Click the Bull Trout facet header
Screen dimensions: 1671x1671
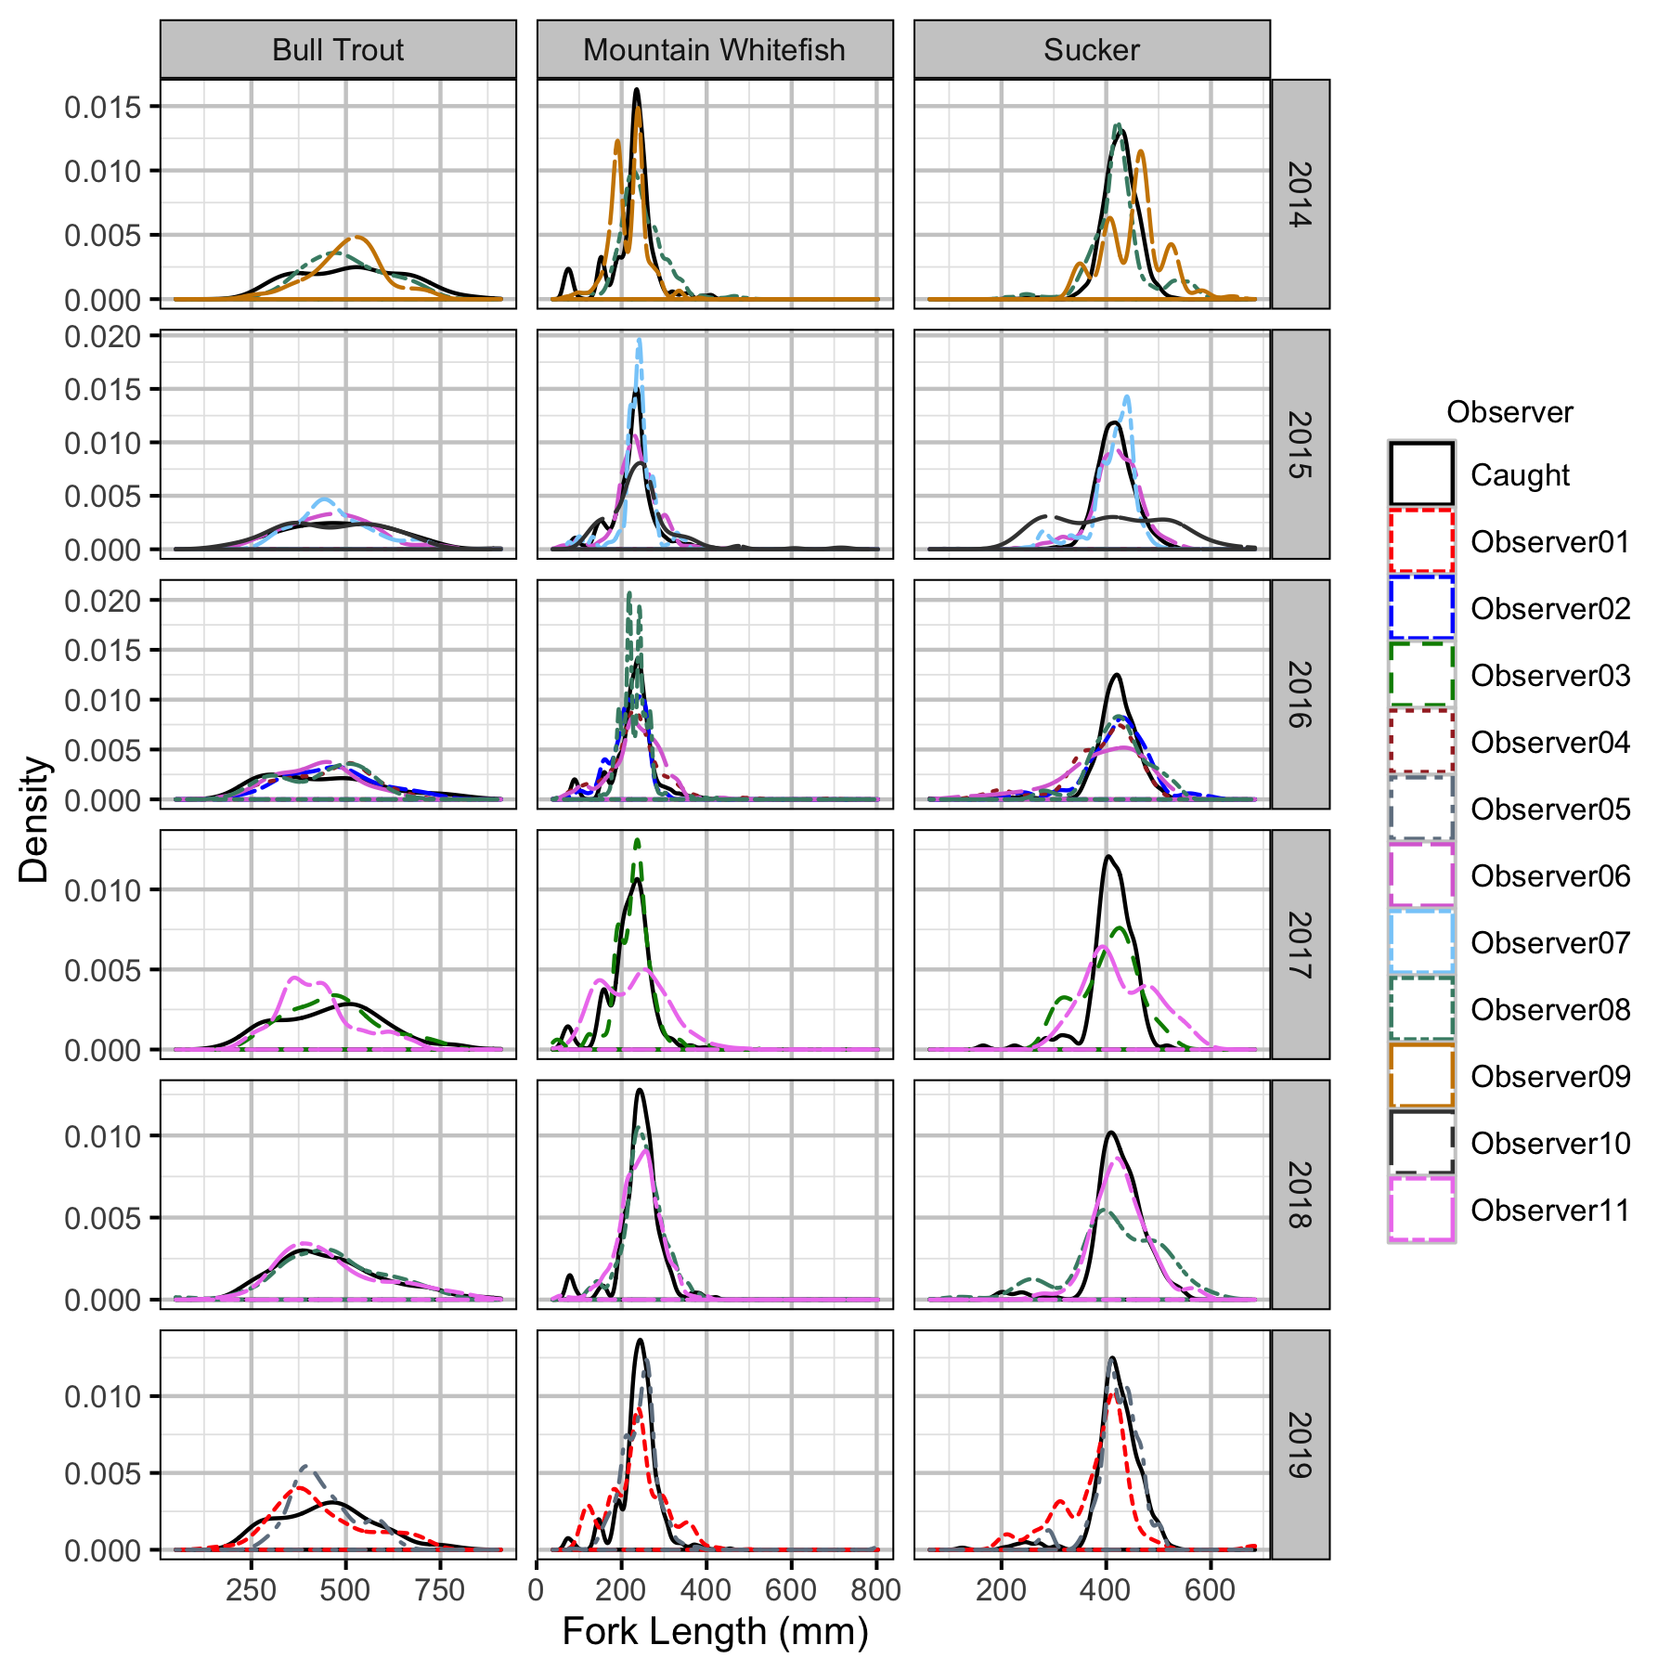point(338,50)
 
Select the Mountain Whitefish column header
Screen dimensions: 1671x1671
point(714,50)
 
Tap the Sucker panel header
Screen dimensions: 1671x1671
point(1091,50)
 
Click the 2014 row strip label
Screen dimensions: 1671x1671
point(1300,194)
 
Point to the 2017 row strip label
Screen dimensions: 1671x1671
point(1300,944)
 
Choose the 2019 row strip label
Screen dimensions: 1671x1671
point(1300,1444)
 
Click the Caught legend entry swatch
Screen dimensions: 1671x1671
point(1420,474)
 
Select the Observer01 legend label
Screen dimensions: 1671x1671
point(1550,541)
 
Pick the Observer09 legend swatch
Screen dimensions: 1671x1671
point(1420,1076)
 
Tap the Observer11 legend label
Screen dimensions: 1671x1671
point(1550,1210)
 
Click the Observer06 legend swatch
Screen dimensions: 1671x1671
point(1420,875)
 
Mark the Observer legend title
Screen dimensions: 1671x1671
point(1509,412)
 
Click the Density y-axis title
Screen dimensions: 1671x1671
point(35,819)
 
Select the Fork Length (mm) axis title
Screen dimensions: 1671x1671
point(715,1631)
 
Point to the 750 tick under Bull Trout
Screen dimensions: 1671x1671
point(440,1590)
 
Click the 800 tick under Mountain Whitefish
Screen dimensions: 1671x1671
point(876,1590)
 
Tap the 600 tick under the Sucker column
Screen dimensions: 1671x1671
point(1210,1590)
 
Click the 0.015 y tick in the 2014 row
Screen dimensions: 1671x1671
point(102,107)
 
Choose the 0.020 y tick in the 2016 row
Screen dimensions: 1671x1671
point(102,601)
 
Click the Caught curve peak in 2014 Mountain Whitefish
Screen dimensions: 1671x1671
point(637,90)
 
